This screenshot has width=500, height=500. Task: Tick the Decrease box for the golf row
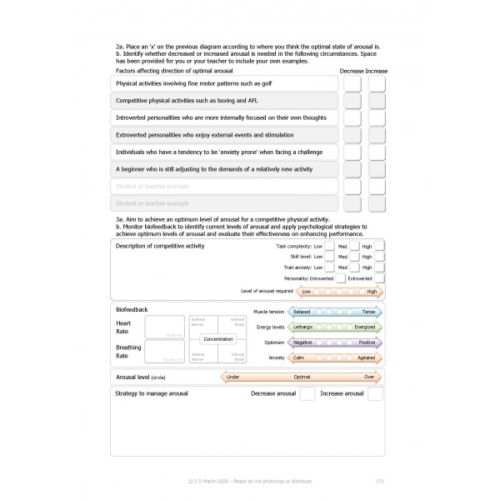coord(352,84)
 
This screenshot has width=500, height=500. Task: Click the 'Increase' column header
coord(377,71)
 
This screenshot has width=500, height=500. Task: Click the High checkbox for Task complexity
coord(379,247)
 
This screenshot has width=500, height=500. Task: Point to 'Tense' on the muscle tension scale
coord(367,312)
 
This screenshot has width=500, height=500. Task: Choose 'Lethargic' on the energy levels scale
coord(304,327)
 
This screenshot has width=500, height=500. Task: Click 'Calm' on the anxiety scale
coord(299,357)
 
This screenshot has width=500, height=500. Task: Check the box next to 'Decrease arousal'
coord(307,393)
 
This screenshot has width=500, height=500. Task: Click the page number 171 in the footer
coord(380,481)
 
